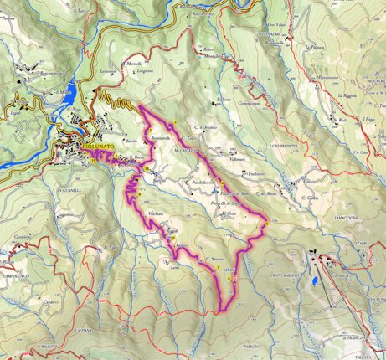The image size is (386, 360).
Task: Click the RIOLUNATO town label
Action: point(99,146)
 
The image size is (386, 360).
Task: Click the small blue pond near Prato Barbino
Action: point(313,282)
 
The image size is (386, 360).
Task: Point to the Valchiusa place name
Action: point(156,215)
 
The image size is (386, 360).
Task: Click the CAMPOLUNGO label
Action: point(16,275)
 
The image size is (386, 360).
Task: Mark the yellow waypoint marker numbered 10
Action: point(147,170)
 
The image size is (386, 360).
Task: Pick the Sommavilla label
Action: point(161,136)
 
